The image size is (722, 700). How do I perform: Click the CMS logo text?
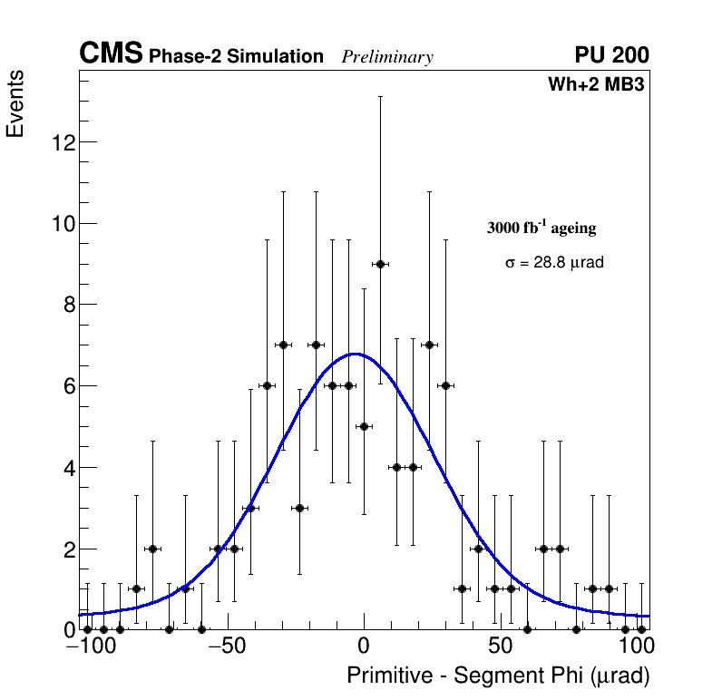pos(111,54)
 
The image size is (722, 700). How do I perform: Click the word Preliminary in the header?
pos(387,57)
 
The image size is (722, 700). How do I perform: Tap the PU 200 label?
pos(611,55)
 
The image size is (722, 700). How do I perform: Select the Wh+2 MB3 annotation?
pos(596,85)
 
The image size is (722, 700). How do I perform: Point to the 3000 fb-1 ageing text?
pos(541,228)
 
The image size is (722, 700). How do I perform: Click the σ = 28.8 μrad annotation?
pos(554,262)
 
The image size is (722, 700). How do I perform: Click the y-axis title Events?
pos(15,103)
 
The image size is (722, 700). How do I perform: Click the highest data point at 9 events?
pos(380,264)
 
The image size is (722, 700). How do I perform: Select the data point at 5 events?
pos(364,426)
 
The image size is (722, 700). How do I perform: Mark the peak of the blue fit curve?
pos(356,354)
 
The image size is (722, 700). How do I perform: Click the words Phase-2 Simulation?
pos(236,57)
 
